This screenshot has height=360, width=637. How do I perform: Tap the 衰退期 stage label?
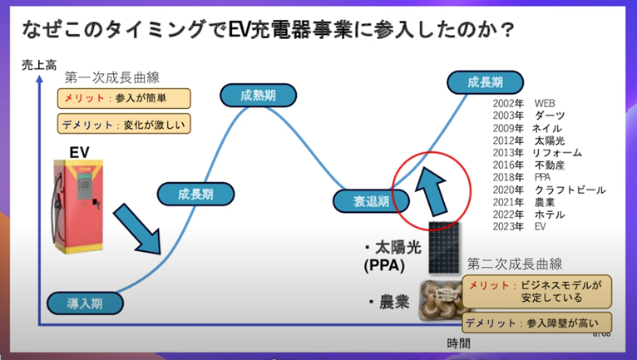coord(372,200)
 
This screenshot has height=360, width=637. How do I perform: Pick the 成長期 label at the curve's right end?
coord(486,82)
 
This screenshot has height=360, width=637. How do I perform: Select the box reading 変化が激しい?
coord(124,125)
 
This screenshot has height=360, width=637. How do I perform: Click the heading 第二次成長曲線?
coord(515,264)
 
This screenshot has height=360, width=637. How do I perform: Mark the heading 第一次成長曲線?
coord(111,77)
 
